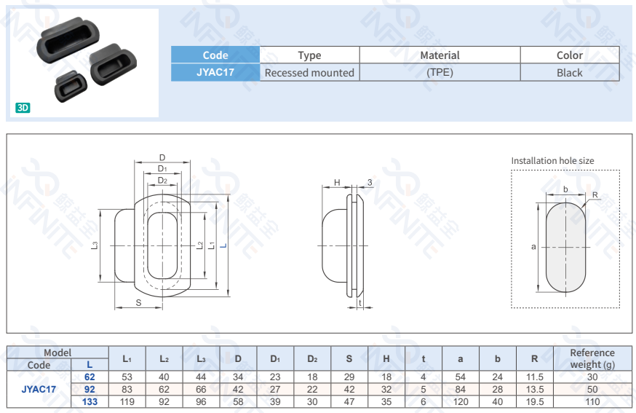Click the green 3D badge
(23, 107)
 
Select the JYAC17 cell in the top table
(215, 72)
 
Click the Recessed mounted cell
(309, 72)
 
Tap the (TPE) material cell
(440, 72)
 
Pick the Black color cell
(569, 72)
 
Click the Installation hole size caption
(552, 160)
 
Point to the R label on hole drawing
(595, 195)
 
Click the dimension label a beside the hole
(533, 247)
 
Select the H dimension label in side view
(337, 182)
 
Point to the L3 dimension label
(95, 245)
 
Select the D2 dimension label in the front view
(162, 180)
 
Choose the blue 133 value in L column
(90, 401)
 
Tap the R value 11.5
(534, 377)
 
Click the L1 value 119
(127, 401)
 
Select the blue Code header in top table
(215, 55)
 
